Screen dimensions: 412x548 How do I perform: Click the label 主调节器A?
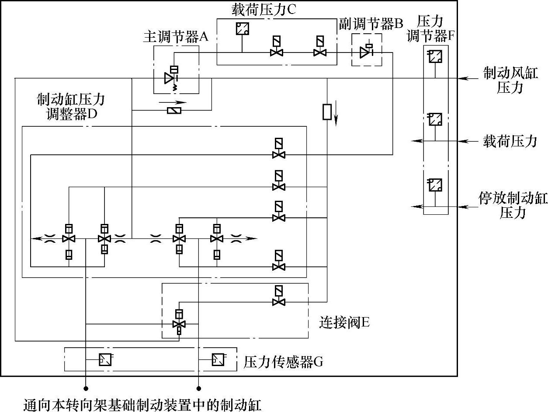coord(176,36)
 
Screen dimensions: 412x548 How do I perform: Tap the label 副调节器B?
coord(371,24)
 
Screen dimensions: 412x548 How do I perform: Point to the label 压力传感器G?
coord(283,362)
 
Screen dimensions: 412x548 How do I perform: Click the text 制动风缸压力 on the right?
coord(510,80)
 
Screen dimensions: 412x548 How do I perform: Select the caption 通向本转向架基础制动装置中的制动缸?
coord(142,405)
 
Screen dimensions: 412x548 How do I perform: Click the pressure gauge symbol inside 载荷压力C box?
coord(242,29)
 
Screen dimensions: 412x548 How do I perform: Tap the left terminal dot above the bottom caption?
coord(86,388)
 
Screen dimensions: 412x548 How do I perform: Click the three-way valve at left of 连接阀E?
coord(179,324)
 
